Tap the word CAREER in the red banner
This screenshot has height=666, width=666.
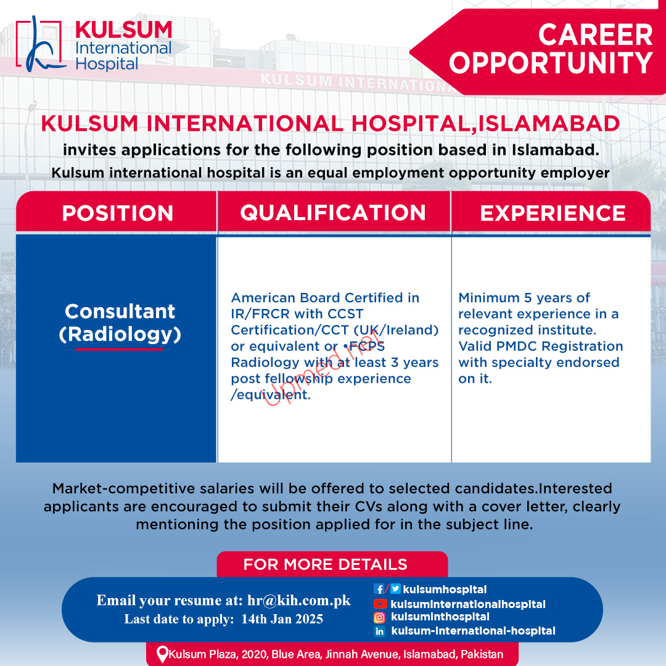(595, 35)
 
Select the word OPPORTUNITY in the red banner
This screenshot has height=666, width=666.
(551, 63)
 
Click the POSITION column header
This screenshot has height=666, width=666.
(118, 213)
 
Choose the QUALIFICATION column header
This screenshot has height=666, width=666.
(333, 212)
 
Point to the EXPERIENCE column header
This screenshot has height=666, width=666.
(553, 213)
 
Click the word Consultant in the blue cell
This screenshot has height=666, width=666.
(120, 311)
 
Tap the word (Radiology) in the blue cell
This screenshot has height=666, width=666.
(120, 334)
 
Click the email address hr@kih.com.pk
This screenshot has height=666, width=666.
(299, 600)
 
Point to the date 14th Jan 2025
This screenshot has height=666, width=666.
(282, 619)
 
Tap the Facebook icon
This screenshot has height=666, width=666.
(379, 589)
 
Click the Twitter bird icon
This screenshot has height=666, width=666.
(395, 589)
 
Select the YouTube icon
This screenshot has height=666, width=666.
(380, 604)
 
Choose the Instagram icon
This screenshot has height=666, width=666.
(379, 617)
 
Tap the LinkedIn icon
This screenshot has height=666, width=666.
(379, 631)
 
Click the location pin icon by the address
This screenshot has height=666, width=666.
(162, 654)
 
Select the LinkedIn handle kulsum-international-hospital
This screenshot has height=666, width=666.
(473, 631)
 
